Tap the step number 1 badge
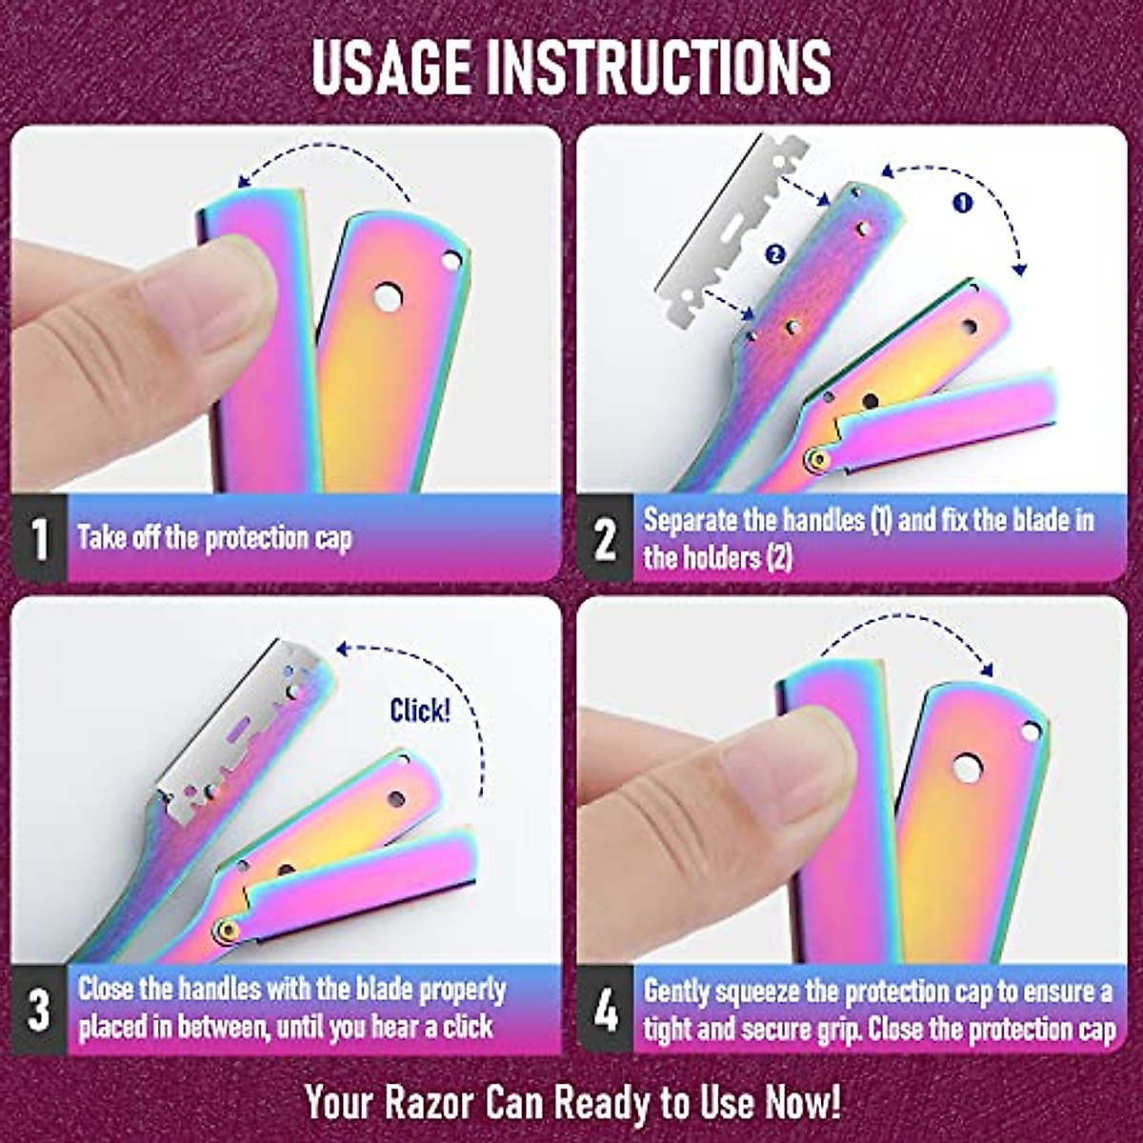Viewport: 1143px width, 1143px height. click(39, 538)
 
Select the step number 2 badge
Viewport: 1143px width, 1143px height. click(605, 538)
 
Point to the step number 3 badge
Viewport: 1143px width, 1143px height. click(39, 1010)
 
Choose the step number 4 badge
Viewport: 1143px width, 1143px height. click(605, 1010)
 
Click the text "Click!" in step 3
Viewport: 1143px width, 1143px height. click(420, 711)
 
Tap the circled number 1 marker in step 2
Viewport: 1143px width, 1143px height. click(963, 203)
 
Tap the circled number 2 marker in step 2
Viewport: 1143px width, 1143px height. click(773, 253)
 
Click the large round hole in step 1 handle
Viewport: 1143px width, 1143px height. click(387, 297)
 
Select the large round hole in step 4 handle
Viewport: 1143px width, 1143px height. click(967, 768)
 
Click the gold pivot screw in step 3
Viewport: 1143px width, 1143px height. click(225, 929)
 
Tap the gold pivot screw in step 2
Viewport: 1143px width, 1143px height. click(816, 460)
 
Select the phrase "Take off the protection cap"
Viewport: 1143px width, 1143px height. click(215, 538)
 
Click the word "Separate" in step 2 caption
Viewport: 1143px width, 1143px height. click(690, 520)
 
